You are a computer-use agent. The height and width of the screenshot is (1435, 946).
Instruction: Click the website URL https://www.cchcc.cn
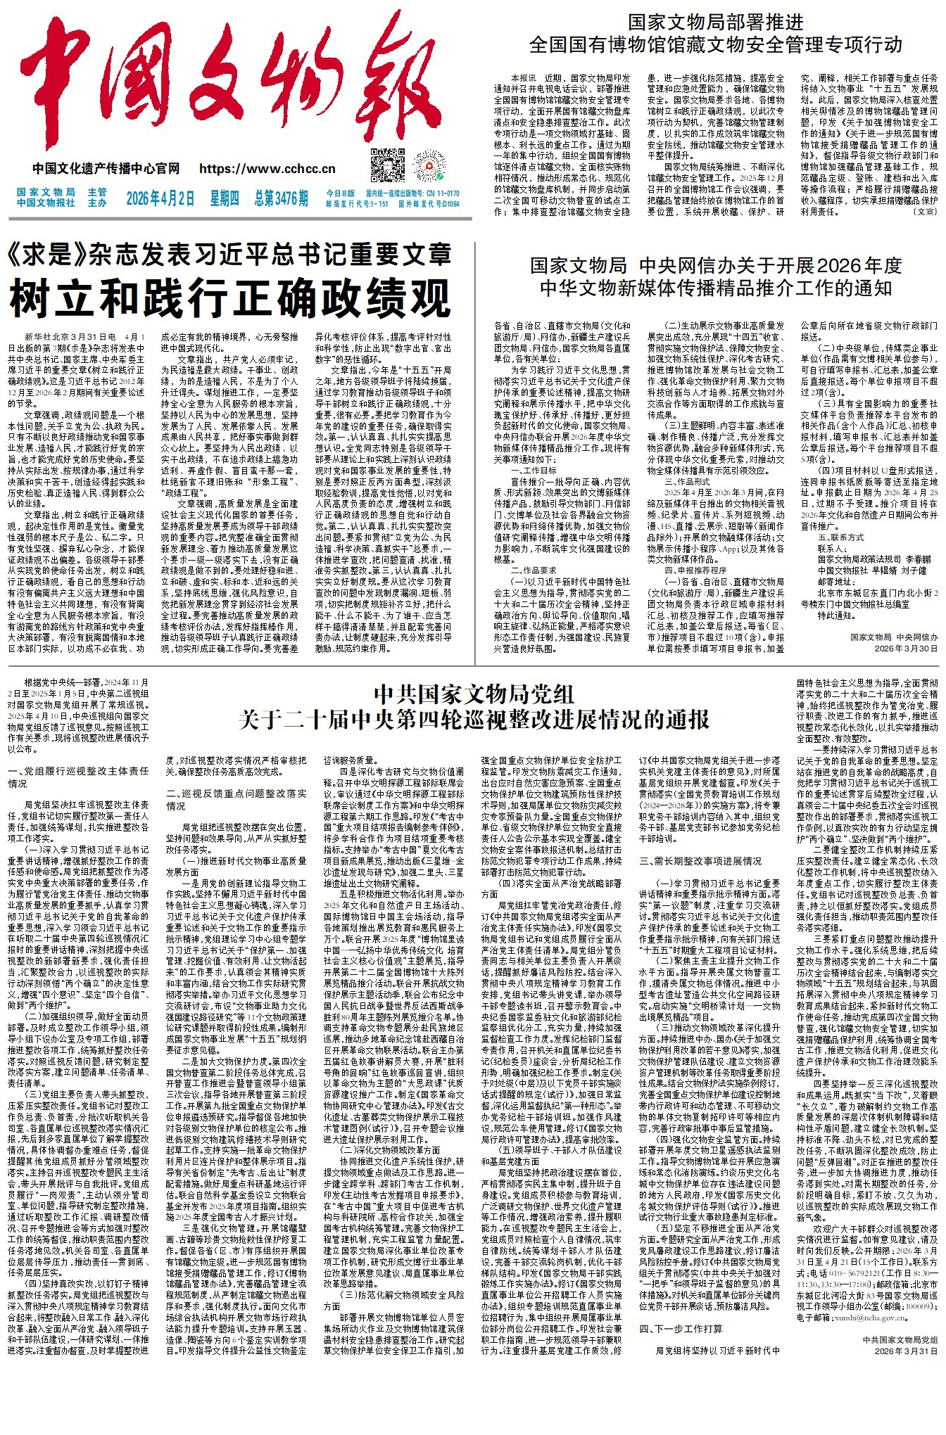[x=267, y=169]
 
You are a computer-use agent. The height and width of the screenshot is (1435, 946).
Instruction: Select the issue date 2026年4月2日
[x=160, y=198]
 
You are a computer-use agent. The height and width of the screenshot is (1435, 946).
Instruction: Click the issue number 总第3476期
[x=282, y=198]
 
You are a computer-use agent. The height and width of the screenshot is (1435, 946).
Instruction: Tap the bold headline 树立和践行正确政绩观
[x=229, y=298]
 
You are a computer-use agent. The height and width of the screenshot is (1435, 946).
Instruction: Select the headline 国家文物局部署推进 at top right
[x=715, y=22]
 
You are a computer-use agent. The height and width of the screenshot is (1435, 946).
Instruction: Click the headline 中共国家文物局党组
[x=474, y=694]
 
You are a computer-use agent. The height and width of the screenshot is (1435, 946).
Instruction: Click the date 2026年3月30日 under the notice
[x=906, y=648]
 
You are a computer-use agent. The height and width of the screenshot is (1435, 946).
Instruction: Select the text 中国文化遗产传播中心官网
[x=106, y=169]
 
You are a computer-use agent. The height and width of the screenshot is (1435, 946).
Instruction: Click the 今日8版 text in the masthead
[x=341, y=193]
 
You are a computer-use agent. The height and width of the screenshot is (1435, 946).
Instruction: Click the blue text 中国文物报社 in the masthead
[x=46, y=203]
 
